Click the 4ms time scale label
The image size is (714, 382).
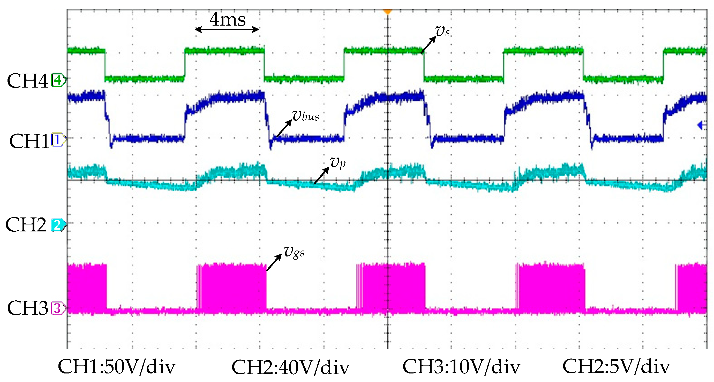[227, 19]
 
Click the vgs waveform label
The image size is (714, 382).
[294, 252]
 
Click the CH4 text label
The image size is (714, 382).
[27, 81]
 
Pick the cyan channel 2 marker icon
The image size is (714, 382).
[58, 225]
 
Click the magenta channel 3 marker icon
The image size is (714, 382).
[58, 308]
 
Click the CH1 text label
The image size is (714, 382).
[29, 141]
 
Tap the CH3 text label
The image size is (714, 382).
[27, 308]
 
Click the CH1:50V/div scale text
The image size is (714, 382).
[116, 367]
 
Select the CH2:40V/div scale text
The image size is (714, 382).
[290, 368]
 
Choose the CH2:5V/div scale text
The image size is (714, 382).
[616, 367]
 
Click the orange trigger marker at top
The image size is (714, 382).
[387, 11]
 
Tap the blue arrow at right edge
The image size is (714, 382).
[701, 125]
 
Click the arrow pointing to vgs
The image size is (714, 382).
[274, 262]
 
